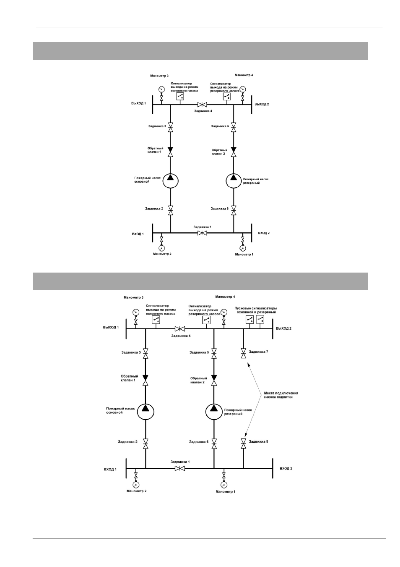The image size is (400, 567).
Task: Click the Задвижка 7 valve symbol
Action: (243, 353)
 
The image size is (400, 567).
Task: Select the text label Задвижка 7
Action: (258, 352)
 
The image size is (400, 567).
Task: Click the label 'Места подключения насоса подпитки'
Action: (281, 395)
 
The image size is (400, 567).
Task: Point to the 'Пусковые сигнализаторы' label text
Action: (255, 308)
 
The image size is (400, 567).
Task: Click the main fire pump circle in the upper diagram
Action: (170, 181)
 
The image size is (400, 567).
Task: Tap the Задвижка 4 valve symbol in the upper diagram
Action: (202, 104)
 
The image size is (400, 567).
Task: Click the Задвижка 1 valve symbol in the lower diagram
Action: (179, 468)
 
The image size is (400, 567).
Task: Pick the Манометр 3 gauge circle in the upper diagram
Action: (161, 89)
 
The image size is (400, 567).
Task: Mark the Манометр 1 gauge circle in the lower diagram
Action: (223, 485)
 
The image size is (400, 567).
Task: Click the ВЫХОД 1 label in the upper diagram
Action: (138, 103)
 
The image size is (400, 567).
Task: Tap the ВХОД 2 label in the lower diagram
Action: (286, 468)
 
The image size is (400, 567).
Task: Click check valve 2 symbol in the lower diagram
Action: (214, 380)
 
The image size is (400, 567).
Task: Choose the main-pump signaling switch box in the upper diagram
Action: (179, 96)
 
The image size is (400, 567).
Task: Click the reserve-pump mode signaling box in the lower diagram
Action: (206, 320)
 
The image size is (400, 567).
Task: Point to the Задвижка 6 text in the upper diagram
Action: (220, 209)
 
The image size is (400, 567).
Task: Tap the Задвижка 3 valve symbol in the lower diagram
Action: (145, 353)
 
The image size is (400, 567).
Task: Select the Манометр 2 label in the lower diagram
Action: (136, 491)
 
